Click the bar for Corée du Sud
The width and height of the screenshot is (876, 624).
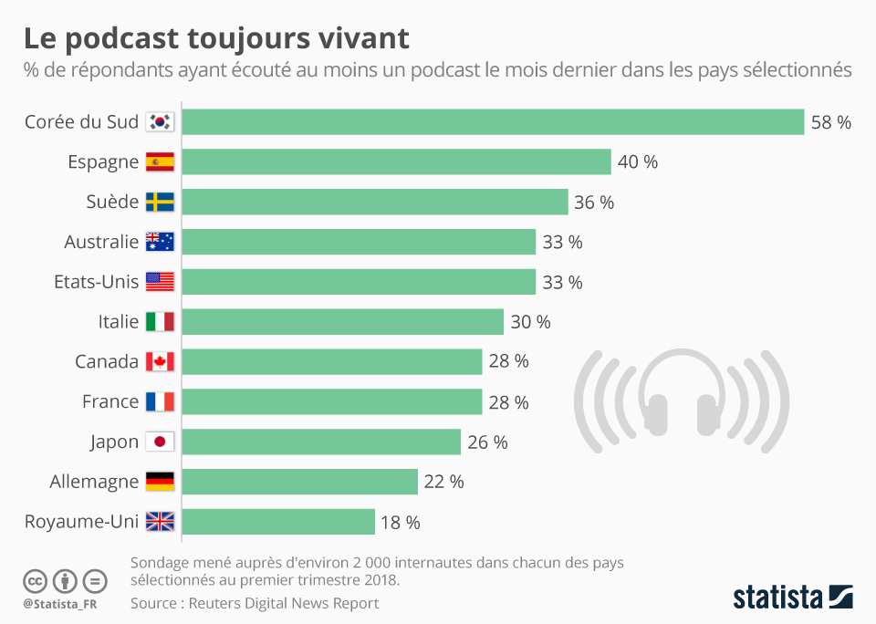(x=493, y=122)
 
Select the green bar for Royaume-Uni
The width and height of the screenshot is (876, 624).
(x=278, y=522)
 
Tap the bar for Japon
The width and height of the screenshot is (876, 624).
(x=321, y=442)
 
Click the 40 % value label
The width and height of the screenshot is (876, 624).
(x=637, y=162)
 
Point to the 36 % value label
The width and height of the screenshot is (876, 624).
(x=594, y=203)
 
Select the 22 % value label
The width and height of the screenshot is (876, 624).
(x=443, y=482)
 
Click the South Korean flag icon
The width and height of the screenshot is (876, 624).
(x=160, y=122)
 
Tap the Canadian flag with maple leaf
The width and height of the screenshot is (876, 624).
(x=160, y=362)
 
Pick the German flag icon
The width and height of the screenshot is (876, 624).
(x=160, y=482)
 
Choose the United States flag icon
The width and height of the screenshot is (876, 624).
(x=160, y=282)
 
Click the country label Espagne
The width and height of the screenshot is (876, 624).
(x=103, y=162)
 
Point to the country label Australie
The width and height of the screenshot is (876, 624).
(x=101, y=242)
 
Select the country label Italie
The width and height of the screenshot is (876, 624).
(x=119, y=322)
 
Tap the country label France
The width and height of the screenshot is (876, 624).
(x=110, y=401)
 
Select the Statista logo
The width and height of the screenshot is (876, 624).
(x=792, y=598)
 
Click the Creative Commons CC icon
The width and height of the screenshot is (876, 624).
(x=36, y=580)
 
